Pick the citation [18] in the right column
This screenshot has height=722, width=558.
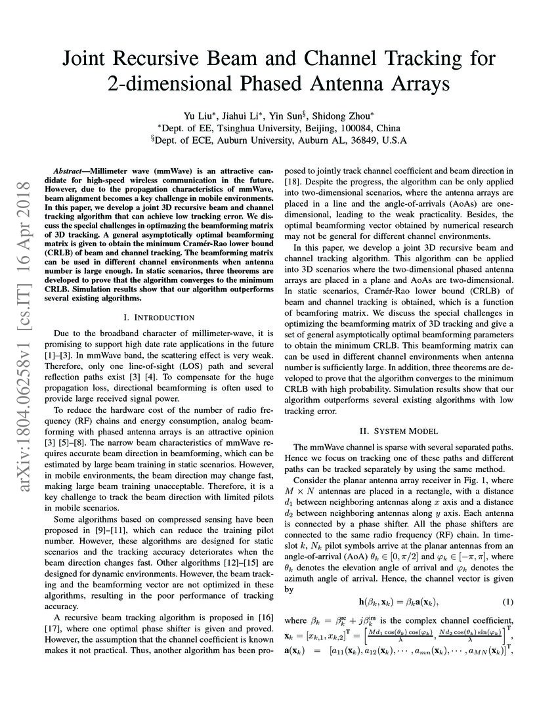292,180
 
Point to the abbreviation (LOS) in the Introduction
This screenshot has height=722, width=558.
171,373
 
